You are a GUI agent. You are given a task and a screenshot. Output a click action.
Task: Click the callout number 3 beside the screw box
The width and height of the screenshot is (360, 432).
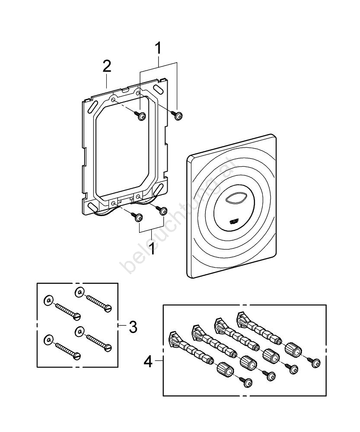pos(133,327)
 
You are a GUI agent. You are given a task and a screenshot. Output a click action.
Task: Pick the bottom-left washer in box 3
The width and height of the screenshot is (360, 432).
pos(48,340)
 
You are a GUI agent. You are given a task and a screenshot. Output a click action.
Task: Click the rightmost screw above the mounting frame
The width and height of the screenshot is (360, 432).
pos(178,115)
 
